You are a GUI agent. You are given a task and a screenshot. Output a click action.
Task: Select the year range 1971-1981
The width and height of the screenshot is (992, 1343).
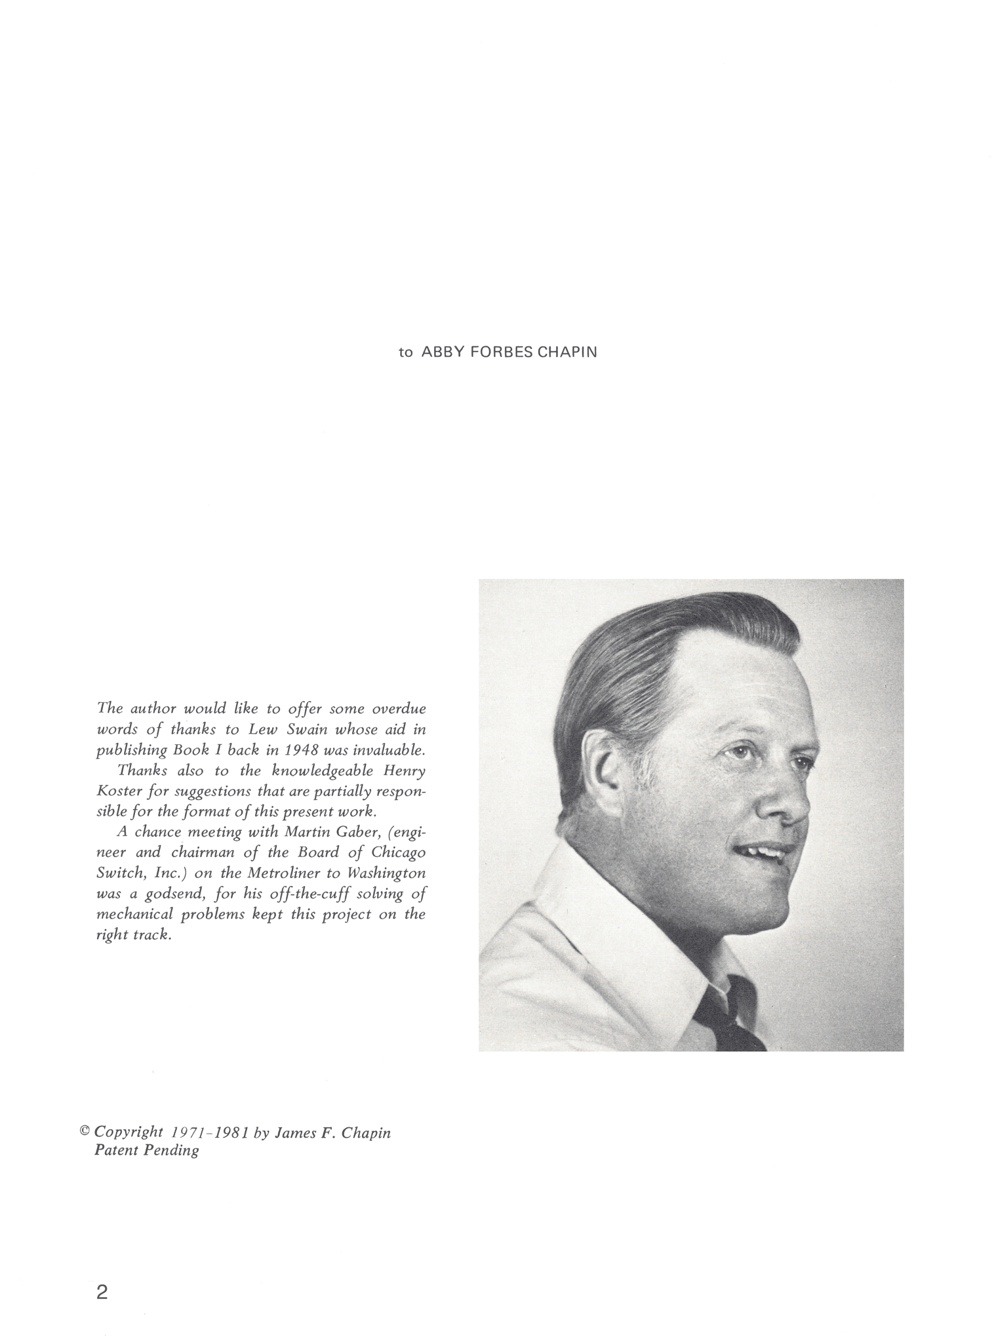[209, 1133]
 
